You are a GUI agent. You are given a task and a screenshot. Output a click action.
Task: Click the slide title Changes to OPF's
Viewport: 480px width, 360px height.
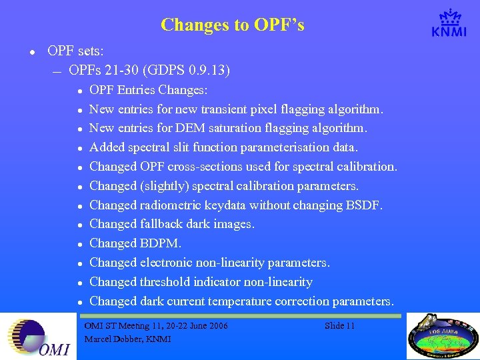[x=232, y=25]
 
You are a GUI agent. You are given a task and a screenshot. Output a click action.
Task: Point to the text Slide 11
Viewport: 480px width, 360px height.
[x=339, y=325]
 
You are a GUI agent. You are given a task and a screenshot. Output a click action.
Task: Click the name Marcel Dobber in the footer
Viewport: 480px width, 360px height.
[x=111, y=339]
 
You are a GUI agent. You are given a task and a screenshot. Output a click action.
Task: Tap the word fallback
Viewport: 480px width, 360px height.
[x=163, y=225]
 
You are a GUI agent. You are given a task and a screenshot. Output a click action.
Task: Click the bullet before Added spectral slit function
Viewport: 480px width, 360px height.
[x=79, y=148]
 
